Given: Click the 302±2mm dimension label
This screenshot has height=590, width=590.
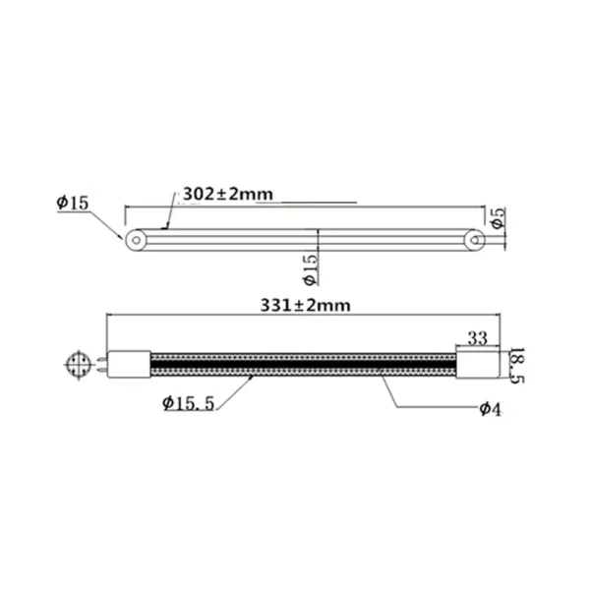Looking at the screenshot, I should (226, 193).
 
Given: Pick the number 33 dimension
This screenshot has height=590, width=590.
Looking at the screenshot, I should (478, 338).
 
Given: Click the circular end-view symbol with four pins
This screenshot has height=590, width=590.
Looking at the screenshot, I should (79, 365).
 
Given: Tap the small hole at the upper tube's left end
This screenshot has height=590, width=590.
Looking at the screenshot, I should (135, 238).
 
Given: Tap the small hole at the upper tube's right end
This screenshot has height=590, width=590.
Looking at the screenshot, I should (475, 238).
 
